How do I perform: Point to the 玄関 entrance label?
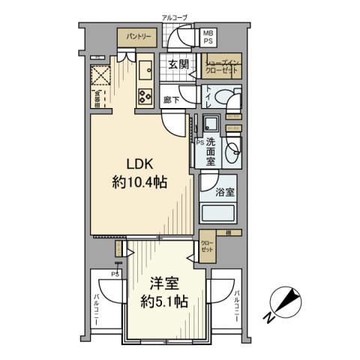click(x=178, y=62)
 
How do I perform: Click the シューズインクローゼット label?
click(x=220, y=65)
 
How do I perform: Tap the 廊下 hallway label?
click(x=170, y=98)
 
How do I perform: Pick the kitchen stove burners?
click(x=143, y=94)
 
